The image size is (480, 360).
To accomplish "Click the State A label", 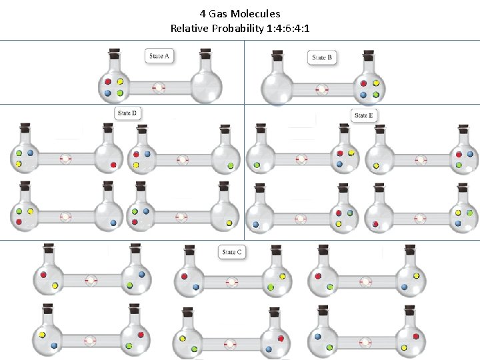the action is click(x=160, y=56).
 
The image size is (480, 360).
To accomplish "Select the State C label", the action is click(x=231, y=252).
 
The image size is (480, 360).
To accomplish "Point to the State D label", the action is click(x=127, y=113).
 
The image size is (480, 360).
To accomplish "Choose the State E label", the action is click(x=364, y=115).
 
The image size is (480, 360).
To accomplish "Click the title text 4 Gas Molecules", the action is click(x=240, y=13).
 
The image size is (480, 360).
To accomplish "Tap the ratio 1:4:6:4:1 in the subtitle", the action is click(x=287, y=28).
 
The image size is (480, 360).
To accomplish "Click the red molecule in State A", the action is click(x=108, y=82).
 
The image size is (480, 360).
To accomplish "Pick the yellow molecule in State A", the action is click(x=121, y=82).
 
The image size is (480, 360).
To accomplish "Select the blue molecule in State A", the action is click(x=108, y=93).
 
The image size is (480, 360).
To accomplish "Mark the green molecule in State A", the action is click(x=121, y=93).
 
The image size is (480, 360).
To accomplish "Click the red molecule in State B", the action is click(x=363, y=84).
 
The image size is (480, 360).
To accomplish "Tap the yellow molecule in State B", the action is click(x=376, y=84).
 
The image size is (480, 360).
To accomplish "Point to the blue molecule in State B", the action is click(x=363, y=95).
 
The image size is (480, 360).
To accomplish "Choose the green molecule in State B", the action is click(x=376, y=95).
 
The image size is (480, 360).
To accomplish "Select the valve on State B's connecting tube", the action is click(x=322, y=89).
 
